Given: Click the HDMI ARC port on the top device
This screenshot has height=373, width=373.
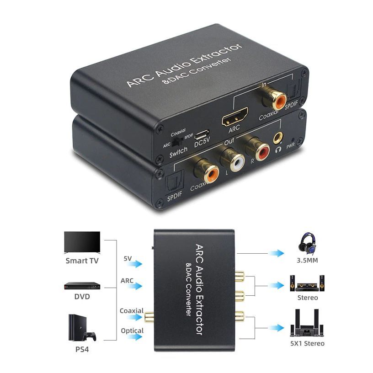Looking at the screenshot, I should [234, 117].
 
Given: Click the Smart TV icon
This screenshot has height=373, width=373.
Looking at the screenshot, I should [82, 242].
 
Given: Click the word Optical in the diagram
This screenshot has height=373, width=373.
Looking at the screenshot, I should [132, 330].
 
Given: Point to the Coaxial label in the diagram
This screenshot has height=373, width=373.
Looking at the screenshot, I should [132, 311].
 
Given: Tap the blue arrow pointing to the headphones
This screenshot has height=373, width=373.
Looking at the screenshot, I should [276, 253].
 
